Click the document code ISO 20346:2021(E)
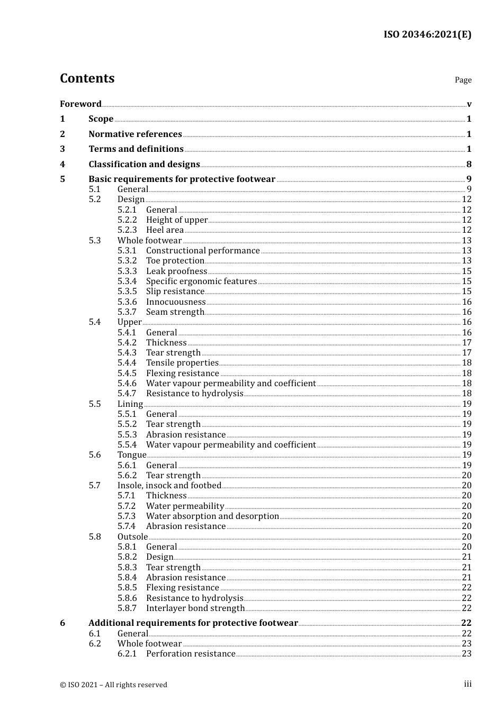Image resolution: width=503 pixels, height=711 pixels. pyautogui.click(x=427, y=34)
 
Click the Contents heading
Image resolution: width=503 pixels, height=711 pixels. pyautogui.click(x=87, y=78)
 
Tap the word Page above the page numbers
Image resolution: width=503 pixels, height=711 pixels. pyautogui.click(x=463, y=80)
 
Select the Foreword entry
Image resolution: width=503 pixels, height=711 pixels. pyautogui.click(x=80, y=104)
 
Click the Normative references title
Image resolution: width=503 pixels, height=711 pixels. pyautogui.click(x=135, y=134)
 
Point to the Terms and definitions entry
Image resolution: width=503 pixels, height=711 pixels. pyautogui.click(x=136, y=149)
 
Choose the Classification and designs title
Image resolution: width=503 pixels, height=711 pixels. pyautogui.click(x=144, y=164)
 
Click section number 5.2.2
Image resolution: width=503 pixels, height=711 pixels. pyautogui.click(x=127, y=220)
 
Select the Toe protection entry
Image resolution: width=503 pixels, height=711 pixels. pyautogui.click(x=175, y=260)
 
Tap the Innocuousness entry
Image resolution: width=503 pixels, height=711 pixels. pyautogui.click(x=176, y=302)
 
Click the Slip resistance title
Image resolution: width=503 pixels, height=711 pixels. pyautogui.click(x=175, y=291)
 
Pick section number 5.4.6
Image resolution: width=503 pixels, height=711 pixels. pyautogui.click(x=127, y=383)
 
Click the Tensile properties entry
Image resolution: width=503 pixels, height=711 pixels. pyautogui.click(x=182, y=362)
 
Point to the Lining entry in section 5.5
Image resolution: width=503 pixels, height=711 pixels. pyautogui.click(x=130, y=404)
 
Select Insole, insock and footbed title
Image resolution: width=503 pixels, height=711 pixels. pyautogui.click(x=169, y=485)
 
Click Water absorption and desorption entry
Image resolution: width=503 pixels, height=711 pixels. pyautogui.click(x=212, y=516)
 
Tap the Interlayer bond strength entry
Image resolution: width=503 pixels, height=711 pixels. pyautogui.click(x=195, y=608)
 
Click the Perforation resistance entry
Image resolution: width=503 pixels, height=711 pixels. pyautogui.click(x=191, y=653)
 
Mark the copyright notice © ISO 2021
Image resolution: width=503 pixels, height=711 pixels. pyautogui.click(x=113, y=685)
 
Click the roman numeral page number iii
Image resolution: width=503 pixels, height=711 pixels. pyautogui.click(x=468, y=683)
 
